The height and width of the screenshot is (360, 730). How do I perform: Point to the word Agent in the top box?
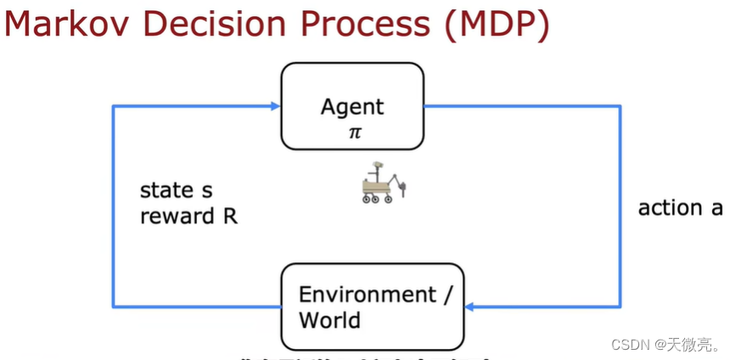352,108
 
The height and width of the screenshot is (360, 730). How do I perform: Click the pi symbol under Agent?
354,133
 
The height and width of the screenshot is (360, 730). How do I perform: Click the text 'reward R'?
188,216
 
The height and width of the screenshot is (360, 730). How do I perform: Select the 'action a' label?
680,208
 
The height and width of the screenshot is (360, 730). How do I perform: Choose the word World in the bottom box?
329,320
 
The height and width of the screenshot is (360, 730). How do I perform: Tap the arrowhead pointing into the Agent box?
275,106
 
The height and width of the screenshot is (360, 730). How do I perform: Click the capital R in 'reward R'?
230,216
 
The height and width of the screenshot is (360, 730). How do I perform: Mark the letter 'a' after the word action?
716,209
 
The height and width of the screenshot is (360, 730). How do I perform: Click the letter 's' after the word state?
206,191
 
